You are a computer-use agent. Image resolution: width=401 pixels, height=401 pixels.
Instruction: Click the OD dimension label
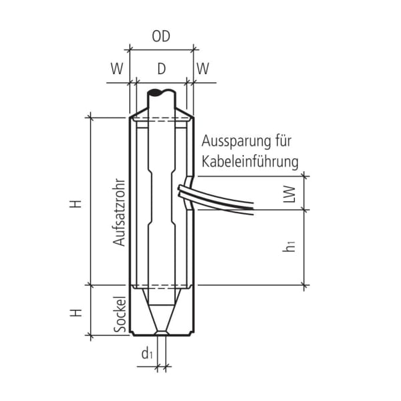160,37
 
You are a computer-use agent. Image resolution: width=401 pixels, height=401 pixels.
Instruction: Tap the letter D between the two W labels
160,68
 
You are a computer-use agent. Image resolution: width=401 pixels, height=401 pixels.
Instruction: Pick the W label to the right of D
203,68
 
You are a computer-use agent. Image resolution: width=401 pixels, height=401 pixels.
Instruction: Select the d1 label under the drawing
147,354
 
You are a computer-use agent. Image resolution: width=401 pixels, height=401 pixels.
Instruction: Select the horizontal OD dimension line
160,49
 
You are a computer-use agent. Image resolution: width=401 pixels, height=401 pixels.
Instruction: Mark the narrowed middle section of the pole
160,200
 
